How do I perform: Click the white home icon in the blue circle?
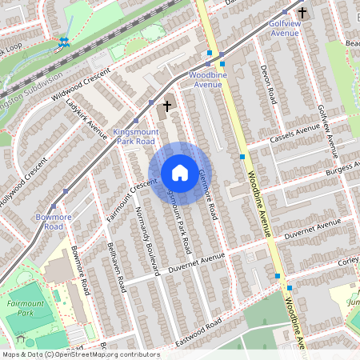[180, 173]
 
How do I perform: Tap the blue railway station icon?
[63, 42]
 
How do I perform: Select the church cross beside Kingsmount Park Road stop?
[168, 106]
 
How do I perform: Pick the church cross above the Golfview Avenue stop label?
[302, 13]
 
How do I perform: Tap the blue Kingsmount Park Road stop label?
[134, 135]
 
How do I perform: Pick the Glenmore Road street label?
[208, 194]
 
